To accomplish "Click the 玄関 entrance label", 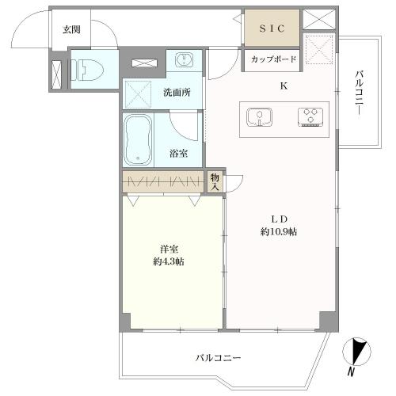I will [71, 30].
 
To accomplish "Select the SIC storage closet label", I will [271, 29].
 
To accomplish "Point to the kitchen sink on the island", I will [257, 117].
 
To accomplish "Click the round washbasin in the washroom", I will [182, 60].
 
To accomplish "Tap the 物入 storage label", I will [215, 181].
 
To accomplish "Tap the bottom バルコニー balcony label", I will [219, 357].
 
